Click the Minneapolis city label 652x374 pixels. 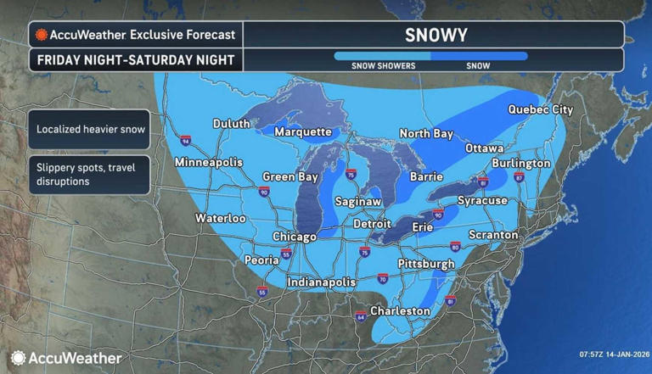[x=208, y=162]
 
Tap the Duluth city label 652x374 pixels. [x=231, y=124]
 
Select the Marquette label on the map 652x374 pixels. [x=302, y=132]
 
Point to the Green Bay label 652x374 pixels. [x=289, y=177]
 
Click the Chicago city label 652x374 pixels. [x=294, y=237]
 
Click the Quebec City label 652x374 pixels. [x=540, y=109]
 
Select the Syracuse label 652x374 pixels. [x=481, y=201]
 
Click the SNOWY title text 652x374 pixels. [x=432, y=34]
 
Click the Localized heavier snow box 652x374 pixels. [x=90, y=130]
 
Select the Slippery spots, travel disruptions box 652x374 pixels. [x=90, y=173]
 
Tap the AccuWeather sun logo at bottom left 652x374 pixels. [x=18, y=358]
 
